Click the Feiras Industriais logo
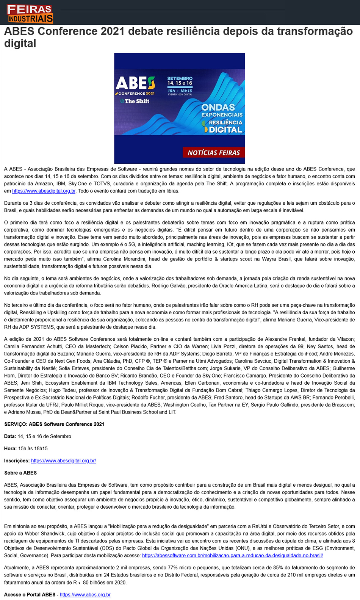[x=30, y=14]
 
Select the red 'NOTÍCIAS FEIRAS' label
[x=214, y=153]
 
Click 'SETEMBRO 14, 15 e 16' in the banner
[x=180, y=81]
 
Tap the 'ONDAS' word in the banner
[x=218, y=107]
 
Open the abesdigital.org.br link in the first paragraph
[x=44, y=191]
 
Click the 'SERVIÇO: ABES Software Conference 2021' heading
[x=54, y=424]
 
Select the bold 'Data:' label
[x=10, y=436]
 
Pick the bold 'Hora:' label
[x=11, y=448]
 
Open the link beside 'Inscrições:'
[x=63, y=461]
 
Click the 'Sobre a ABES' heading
[x=20, y=473]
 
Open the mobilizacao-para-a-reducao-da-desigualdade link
[x=232, y=555]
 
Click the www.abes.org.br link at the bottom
[x=85, y=594]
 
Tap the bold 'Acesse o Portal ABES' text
[x=30, y=594]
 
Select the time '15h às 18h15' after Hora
[x=33, y=448]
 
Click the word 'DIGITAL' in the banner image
[x=225, y=130]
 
